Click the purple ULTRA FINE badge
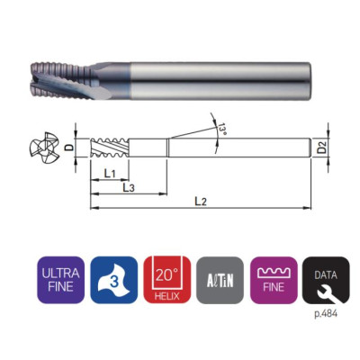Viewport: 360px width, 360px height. (x=60, y=280)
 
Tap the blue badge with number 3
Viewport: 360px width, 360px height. (x=114, y=280)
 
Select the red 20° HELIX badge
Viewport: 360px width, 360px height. (x=167, y=280)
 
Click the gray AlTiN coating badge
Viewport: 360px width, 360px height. (x=220, y=280)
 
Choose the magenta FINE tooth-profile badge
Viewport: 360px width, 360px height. (x=274, y=280)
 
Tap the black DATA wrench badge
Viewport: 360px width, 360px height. (x=326, y=280)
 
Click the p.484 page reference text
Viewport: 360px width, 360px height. (x=326, y=314)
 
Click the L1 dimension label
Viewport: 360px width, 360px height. (x=110, y=174)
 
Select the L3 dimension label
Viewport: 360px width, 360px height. (x=129, y=188)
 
